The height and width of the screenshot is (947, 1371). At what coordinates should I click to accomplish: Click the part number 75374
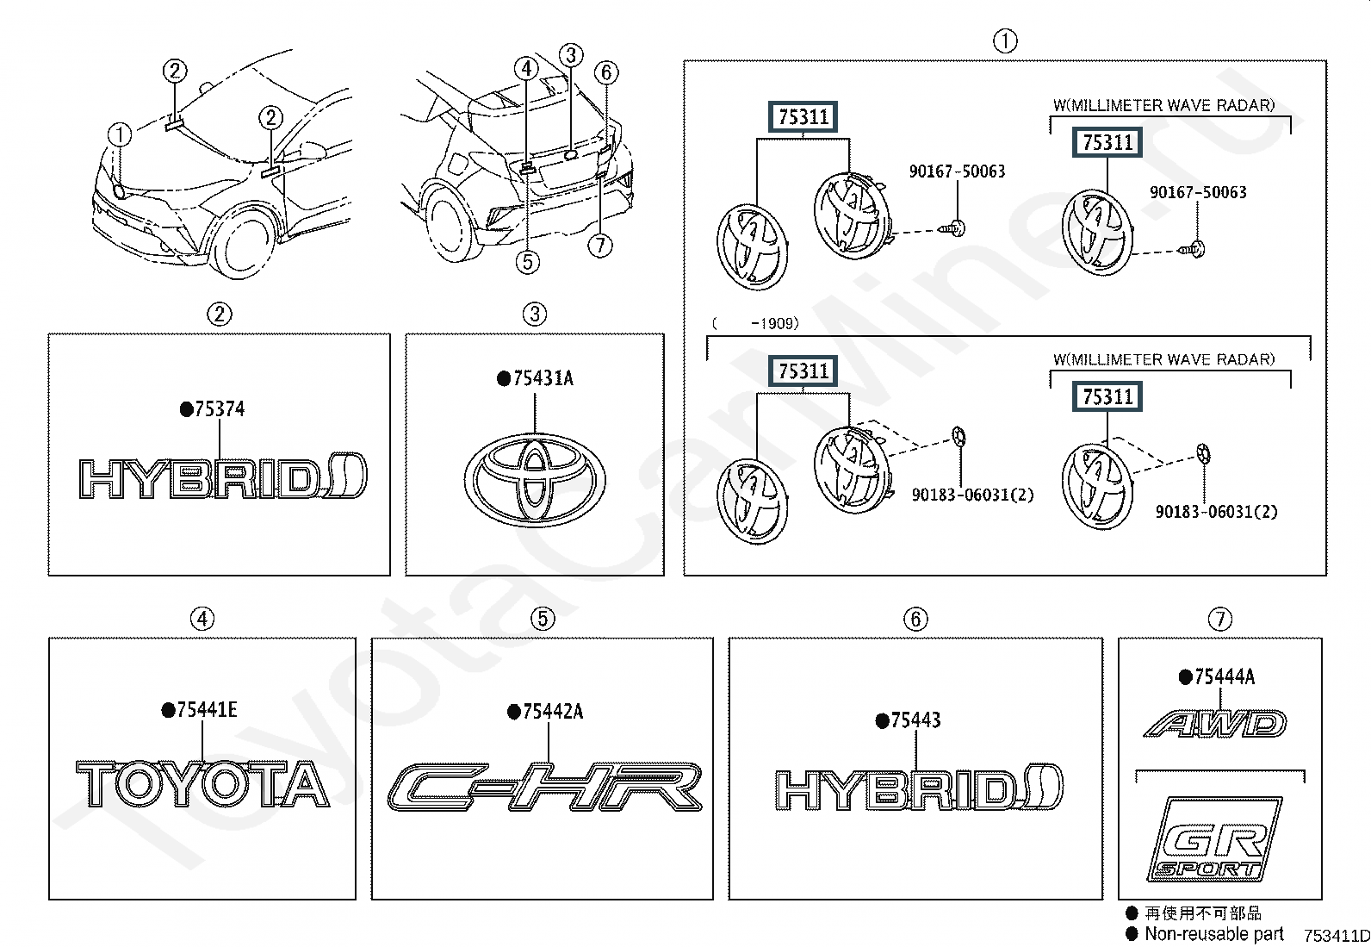pyautogui.click(x=219, y=408)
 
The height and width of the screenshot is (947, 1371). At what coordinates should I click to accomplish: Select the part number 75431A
pyautogui.click(x=543, y=378)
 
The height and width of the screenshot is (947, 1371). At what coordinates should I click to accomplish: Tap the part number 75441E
pyautogui.click(x=207, y=710)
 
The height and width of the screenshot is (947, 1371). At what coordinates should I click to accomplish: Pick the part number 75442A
pyautogui.click(x=553, y=712)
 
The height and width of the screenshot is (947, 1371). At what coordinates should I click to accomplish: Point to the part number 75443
pyautogui.click(x=915, y=720)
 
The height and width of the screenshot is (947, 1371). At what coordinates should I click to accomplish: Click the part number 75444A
pyautogui.click(x=1224, y=677)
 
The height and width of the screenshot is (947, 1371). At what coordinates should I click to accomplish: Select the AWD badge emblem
pyautogui.click(x=1215, y=724)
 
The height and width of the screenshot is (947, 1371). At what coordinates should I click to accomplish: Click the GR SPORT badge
pyautogui.click(x=1215, y=839)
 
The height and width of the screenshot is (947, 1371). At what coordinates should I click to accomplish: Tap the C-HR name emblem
pyautogui.click(x=545, y=787)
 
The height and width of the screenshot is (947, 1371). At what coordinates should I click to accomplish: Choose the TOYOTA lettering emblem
pyautogui.click(x=202, y=784)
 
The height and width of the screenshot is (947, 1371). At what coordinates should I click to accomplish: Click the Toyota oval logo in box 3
pyautogui.click(x=534, y=480)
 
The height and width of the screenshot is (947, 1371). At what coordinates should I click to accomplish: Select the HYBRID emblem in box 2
pyautogui.click(x=223, y=476)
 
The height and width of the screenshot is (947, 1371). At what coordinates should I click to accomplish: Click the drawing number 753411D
pyautogui.click(x=1337, y=935)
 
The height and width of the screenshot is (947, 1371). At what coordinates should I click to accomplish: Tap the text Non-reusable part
pyautogui.click(x=1213, y=933)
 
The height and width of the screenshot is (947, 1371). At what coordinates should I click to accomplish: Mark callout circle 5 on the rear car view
pyautogui.click(x=528, y=262)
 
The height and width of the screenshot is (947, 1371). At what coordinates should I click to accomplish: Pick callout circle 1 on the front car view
pyautogui.click(x=120, y=134)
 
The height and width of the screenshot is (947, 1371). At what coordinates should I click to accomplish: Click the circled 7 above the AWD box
pyautogui.click(x=1219, y=619)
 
